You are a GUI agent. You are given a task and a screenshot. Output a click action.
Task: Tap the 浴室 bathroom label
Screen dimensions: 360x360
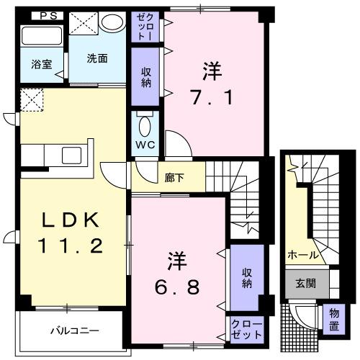click(x=31, y=63)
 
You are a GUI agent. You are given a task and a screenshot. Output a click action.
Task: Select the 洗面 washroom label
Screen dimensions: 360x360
click(x=98, y=58)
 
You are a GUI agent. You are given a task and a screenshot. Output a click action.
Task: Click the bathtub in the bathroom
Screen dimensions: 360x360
click(x=42, y=36)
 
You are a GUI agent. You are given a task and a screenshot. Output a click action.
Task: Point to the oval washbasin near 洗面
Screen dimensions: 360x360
click(x=113, y=23)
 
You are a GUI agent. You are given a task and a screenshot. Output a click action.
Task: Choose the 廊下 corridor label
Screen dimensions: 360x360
click(x=174, y=176)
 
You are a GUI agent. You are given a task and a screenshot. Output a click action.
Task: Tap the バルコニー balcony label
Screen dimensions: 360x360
click(x=74, y=330)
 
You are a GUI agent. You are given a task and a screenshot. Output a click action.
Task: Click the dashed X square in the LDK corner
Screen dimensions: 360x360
click(x=32, y=99)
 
